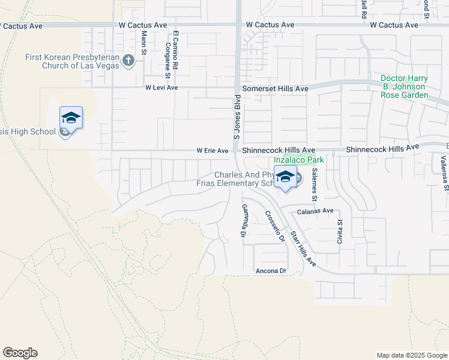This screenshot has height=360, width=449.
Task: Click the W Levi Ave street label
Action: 161,88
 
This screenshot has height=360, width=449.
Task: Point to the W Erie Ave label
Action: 212,151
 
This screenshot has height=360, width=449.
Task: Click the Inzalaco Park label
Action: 299,160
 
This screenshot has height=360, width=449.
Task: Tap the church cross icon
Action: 128,60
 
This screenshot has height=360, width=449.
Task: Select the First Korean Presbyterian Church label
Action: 72,61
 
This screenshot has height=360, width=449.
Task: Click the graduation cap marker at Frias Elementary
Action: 286,177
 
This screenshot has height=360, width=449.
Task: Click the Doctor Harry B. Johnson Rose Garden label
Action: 412,87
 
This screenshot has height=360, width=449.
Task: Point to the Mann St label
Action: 144,43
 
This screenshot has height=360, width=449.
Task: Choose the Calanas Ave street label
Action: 315,211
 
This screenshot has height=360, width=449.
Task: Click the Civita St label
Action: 339,231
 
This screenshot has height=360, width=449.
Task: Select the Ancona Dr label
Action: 271,271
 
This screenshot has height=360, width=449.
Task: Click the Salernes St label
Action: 314,184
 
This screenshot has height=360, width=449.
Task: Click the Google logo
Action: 20,353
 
